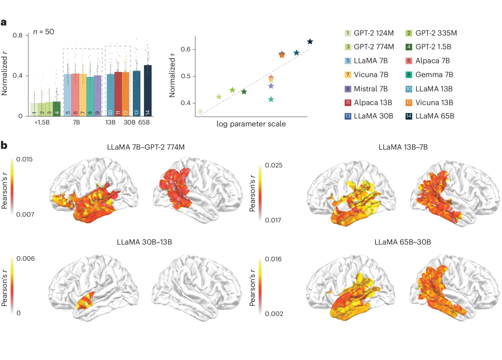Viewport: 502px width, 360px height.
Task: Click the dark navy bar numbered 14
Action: click(x=148, y=91)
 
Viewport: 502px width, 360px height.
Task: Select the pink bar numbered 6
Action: click(x=75, y=95)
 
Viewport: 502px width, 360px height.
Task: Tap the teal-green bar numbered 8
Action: click(x=90, y=96)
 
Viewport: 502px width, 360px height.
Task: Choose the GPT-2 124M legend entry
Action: click(x=370, y=33)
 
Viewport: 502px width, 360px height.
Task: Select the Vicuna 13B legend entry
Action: click(x=430, y=103)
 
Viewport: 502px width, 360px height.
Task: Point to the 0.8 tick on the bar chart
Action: click(x=18, y=35)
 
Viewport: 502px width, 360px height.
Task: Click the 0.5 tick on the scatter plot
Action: click(x=186, y=76)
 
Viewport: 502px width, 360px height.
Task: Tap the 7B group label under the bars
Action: click(x=76, y=123)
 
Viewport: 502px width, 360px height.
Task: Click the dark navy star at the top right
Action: click(x=310, y=42)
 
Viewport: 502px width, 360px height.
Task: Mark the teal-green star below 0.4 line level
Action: click(x=271, y=99)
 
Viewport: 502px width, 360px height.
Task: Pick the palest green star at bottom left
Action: click(x=200, y=112)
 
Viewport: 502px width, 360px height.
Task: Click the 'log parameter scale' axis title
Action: click(x=251, y=124)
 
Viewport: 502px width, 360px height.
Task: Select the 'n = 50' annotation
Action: click(x=43, y=32)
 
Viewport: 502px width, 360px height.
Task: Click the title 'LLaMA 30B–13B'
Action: click(x=144, y=242)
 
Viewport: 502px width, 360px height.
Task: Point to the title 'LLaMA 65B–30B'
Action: click(x=403, y=242)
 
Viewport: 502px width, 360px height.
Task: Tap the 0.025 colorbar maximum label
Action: click(x=274, y=165)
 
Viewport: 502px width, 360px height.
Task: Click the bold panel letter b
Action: click(x=4, y=145)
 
